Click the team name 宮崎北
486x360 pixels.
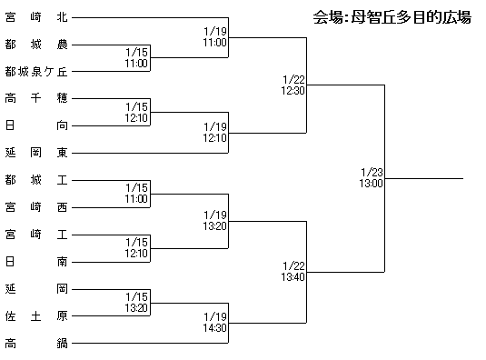tap(36, 17)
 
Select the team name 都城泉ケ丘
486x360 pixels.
tap(36, 72)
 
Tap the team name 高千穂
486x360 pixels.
tap(36, 98)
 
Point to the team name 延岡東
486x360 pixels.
tap(36, 153)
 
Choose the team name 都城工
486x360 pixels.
tap(36, 180)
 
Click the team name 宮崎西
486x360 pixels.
tap(36, 207)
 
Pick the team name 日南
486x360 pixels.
tap(36, 262)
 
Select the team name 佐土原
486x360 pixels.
tap(36, 316)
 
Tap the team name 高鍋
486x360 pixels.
tap(36, 344)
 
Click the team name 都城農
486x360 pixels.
tap(36, 45)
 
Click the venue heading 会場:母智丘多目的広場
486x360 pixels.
tap(392, 17)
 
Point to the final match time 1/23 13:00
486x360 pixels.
tap(372, 177)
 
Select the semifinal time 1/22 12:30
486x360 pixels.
tap(293, 85)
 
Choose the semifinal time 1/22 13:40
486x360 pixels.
tap(293, 271)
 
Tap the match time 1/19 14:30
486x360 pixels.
tap(215, 322)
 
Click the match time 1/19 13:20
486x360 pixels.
tap(215, 221)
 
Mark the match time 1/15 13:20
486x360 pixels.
tap(136, 303)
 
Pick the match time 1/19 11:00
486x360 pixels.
tap(215, 37)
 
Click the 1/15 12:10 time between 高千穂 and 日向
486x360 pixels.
tap(136, 112)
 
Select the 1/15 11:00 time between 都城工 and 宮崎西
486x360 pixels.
tap(136, 193)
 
